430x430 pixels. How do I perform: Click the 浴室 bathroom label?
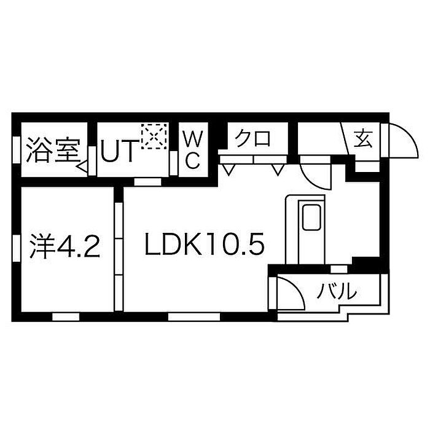(52, 150)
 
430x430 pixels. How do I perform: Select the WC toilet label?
(192, 150)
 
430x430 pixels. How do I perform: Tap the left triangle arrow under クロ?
(229, 168)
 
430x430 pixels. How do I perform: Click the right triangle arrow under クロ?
(278, 168)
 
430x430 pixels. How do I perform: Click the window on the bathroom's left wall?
(17, 149)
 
